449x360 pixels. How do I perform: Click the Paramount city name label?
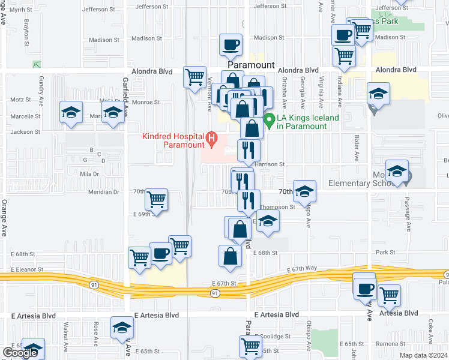(251, 64)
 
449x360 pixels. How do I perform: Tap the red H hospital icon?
(211, 140)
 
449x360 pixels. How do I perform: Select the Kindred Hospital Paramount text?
(173, 140)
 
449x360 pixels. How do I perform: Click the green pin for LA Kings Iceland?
(270, 121)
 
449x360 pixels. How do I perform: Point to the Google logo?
(20, 353)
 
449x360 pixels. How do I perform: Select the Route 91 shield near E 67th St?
(215, 293)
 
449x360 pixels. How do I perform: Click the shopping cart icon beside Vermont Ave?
(194, 76)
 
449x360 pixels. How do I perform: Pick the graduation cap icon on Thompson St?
(268, 220)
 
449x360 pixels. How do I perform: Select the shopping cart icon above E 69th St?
(156, 199)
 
